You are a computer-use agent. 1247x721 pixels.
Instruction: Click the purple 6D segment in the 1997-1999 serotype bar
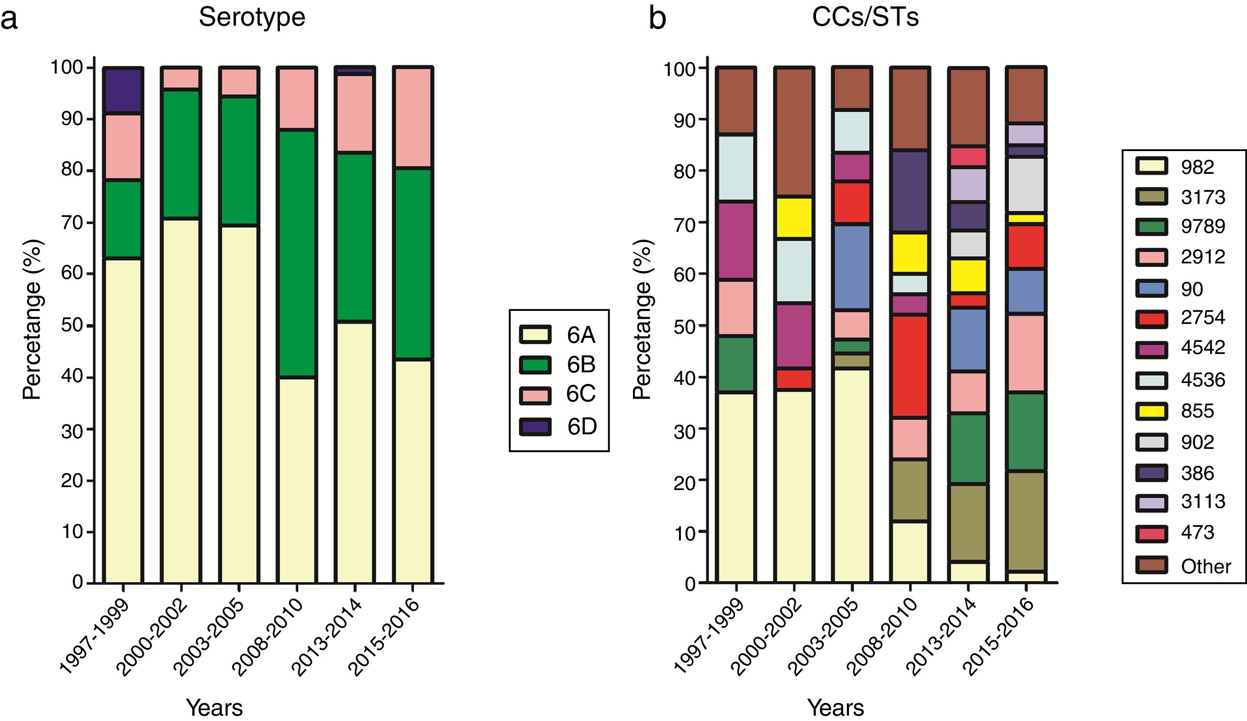point(123,91)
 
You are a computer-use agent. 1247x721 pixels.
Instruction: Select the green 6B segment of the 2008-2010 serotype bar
point(297,253)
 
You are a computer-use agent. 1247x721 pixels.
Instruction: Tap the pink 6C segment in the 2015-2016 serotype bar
point(413,118)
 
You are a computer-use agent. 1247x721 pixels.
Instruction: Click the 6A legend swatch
point(535,335)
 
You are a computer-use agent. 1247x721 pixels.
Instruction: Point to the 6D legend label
point(582,427)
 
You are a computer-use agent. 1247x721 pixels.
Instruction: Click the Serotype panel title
point(252,17)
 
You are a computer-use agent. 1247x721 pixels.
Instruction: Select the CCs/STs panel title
point(865,17)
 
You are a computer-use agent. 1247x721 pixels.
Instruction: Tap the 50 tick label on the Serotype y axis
point(72,324)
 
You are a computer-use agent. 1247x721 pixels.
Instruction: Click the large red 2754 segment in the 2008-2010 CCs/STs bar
point(910,366)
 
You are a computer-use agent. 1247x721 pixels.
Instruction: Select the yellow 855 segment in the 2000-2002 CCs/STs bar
point(794,218)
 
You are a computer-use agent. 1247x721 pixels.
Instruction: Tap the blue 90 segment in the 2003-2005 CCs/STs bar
point(852,267)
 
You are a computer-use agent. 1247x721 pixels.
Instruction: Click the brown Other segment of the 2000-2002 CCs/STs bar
point(794,132)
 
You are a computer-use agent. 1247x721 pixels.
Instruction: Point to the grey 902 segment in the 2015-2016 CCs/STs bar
point(1026,185)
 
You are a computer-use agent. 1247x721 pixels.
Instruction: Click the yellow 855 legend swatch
point(1152,411)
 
